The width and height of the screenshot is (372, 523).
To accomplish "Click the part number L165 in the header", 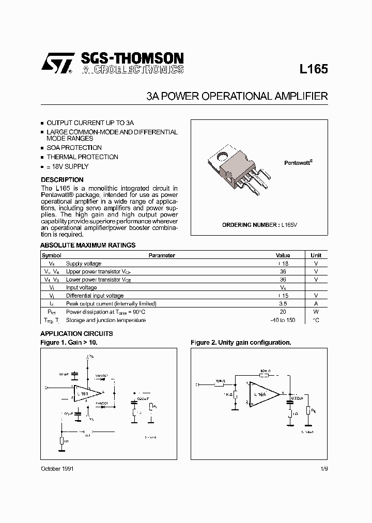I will coord(314,69).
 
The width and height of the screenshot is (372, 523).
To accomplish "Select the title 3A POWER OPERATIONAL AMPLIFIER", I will coord(237,96).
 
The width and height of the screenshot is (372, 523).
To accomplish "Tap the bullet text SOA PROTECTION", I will coord(74,148).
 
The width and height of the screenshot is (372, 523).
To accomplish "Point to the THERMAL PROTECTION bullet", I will coord(82,157).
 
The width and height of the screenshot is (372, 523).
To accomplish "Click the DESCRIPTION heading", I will coord(62,180).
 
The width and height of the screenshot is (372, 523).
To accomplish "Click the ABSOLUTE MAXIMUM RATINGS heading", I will coord(88,245).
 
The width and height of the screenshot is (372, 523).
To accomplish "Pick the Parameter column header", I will coord(162,255).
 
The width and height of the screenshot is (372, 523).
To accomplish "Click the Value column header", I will coord(283,255).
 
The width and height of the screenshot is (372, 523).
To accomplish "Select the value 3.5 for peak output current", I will coord(283,304).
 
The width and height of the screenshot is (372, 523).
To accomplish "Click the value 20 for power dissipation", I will coord(283,312).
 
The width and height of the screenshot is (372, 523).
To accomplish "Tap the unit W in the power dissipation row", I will coord(316,312).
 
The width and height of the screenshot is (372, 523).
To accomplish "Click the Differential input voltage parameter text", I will coord(95,296).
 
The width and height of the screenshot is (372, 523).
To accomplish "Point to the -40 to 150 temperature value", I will coord(283,320).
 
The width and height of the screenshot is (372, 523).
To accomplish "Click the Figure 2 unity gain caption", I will coord(241,343).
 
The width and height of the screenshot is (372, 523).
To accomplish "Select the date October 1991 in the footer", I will coord(57,468).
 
